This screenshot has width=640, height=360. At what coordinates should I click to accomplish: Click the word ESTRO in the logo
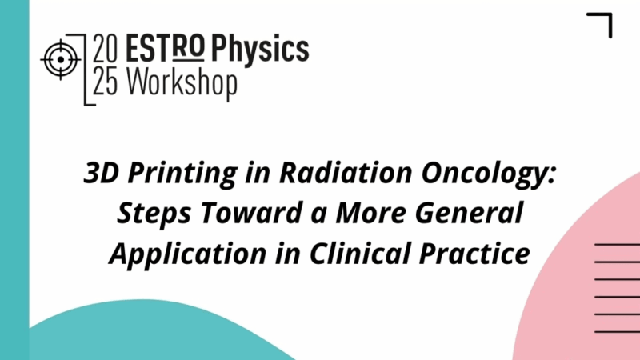(168, 50)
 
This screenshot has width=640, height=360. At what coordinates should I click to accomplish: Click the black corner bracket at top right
(602, 23)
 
